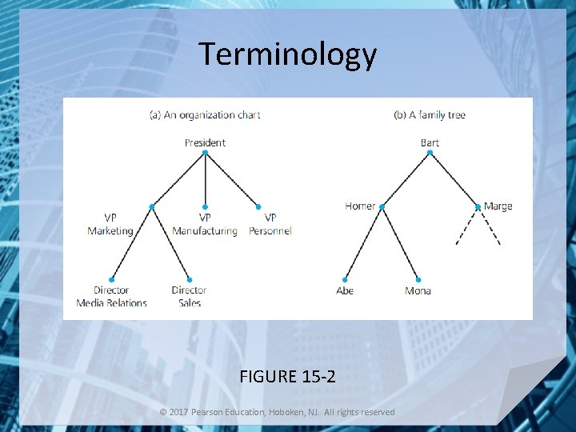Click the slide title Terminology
point(287,54)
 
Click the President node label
point(205,142)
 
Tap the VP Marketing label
point(110,224)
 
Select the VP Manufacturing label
point(205,224)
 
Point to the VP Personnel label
point(270,224)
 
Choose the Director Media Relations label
point(111,297)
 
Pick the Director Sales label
point(189,297)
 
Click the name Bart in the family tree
point(430,142)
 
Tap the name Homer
point(360,206)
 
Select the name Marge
point(498,206)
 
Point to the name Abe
point(345,290)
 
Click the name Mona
point(418,290)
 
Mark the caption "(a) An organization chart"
point(205,114)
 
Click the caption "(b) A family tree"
point(430,114)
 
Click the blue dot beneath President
point(205,152)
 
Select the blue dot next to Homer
point(382,207)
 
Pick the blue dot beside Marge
point(478,207)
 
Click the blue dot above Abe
point(346,278)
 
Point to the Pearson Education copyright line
point(277,412)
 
